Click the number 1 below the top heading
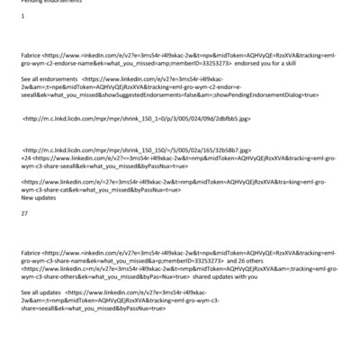22,16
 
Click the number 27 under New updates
24,212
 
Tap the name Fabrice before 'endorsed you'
31,55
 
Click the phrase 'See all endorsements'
49,78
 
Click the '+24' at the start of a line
26,157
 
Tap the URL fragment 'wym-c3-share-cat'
48,189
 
